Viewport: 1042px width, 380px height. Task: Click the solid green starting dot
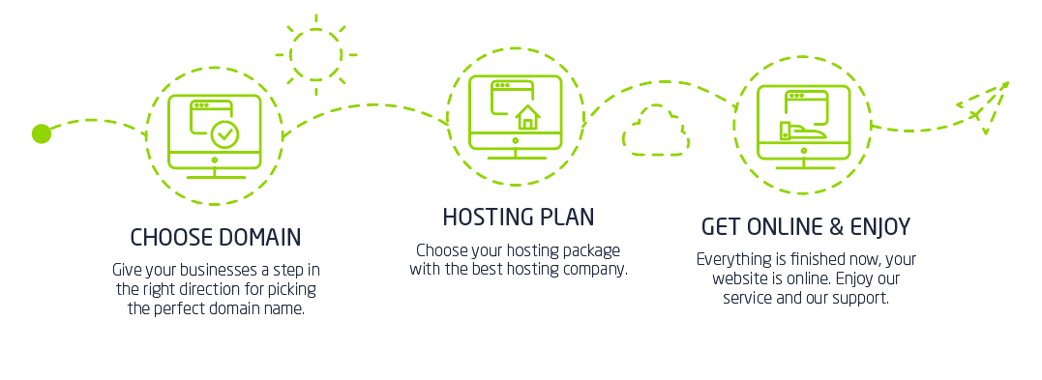point(41,133)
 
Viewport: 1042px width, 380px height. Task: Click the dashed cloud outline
point(656,132)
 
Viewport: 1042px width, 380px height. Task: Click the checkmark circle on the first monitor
point(225,133)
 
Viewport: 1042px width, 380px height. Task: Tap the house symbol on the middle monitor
point(527,118)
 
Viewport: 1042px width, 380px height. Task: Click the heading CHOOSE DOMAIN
point(215,237)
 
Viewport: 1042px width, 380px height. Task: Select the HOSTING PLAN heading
point(518,217)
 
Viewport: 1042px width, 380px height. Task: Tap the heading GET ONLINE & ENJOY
point(805,227)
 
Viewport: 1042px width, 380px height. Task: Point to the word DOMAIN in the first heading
point(258,237)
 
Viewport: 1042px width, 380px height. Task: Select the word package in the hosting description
point(588,250)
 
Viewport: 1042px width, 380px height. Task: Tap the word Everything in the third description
point(733,259)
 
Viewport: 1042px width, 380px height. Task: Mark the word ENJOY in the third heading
point(879,227)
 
